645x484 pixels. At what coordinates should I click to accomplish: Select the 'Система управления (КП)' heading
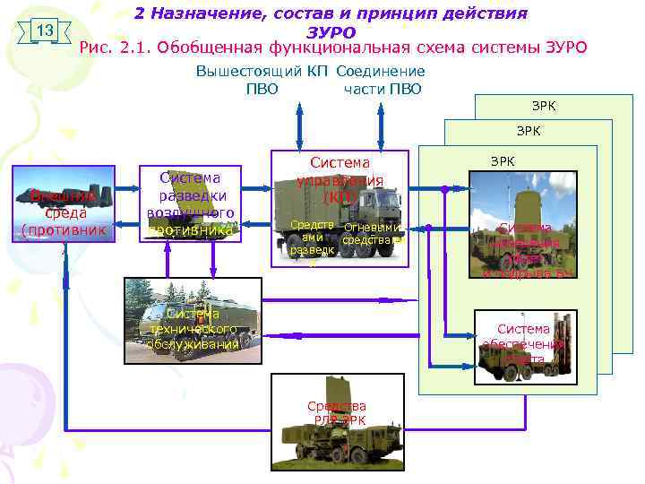(x=340, y=179)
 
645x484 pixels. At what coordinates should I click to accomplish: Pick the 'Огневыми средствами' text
(x=373, y=234)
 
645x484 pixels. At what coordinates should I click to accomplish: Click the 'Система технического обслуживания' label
(x=193, y=328)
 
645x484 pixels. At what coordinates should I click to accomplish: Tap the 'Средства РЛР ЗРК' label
(x=336, y=412)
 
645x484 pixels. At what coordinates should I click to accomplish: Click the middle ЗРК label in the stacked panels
(x=529, y=131)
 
